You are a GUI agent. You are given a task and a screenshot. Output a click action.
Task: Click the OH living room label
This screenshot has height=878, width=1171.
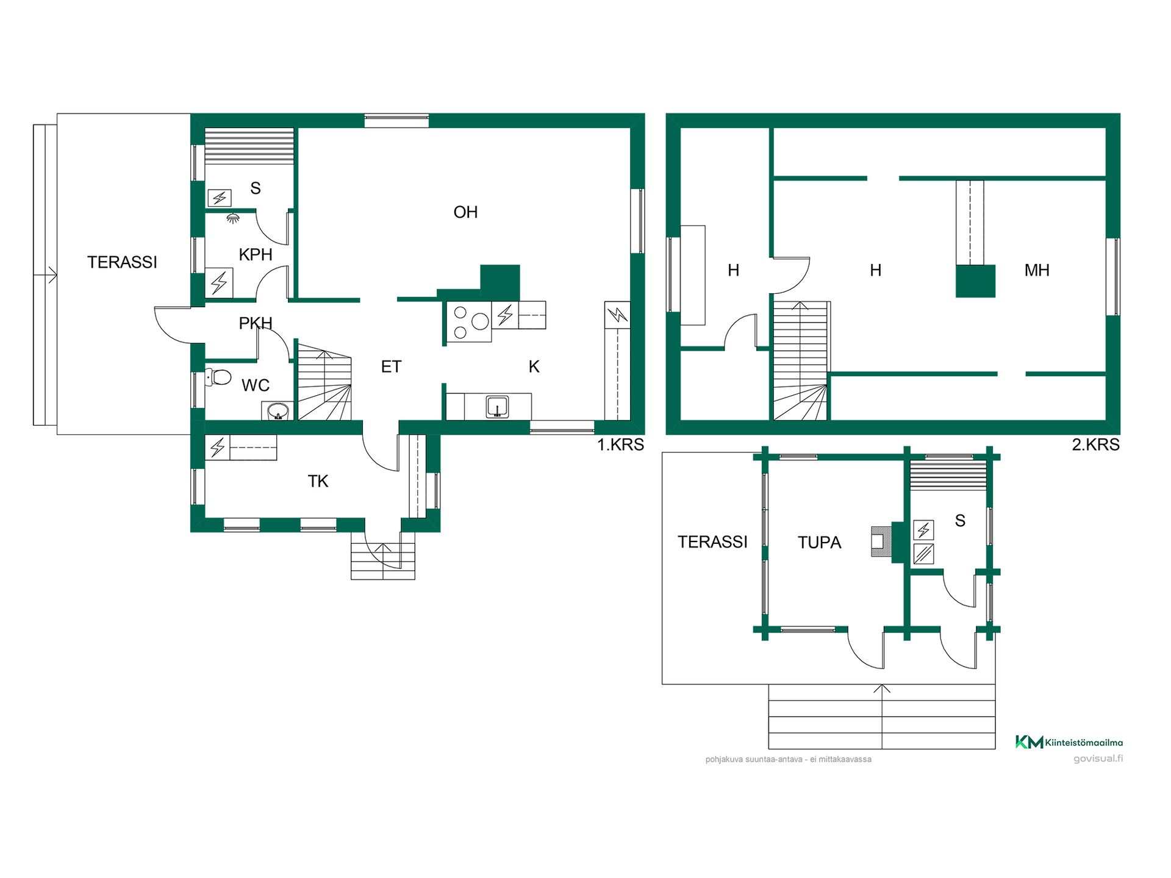pos(465,212)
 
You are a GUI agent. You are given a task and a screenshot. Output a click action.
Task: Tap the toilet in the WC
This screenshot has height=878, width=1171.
pos(218,377)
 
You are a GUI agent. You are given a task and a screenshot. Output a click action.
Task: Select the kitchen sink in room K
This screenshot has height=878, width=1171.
pos(497,407)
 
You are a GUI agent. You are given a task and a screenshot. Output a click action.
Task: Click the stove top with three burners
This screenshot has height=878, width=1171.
pos(469,321)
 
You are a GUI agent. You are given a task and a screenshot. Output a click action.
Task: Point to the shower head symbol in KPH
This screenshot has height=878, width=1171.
pos(232,218)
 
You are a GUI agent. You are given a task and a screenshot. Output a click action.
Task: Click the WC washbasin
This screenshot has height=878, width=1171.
pos(278,411)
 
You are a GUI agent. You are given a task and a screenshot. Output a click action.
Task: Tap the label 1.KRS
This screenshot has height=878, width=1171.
pos(620,445)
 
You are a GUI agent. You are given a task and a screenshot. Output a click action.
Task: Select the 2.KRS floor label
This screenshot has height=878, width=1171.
pos(1095,445)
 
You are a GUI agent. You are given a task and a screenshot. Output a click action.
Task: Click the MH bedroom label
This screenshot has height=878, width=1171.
pos(1037,270)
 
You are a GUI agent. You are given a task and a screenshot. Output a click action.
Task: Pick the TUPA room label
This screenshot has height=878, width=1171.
pos(819,543)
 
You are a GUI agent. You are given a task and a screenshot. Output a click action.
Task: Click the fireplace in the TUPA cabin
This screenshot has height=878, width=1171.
pos(881,541)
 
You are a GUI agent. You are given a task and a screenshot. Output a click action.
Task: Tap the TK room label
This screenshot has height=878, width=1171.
pos(318,482)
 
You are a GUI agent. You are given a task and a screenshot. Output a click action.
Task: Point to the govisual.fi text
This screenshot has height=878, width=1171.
pos(1098,758)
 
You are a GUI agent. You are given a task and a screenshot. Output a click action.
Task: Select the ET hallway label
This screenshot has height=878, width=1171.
pos(391,366)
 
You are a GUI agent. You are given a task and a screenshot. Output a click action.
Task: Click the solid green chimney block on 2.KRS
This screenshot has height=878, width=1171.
pos(975,281)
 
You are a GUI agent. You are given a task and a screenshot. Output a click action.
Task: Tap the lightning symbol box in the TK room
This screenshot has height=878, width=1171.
pos(218,448)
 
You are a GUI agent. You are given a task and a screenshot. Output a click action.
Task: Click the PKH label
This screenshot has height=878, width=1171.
pos(256,323)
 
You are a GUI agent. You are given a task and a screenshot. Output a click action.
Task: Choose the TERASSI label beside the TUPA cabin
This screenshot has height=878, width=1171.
pos(712,542)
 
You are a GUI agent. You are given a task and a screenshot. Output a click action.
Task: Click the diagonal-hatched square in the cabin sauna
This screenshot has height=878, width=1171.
pos(923,554)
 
